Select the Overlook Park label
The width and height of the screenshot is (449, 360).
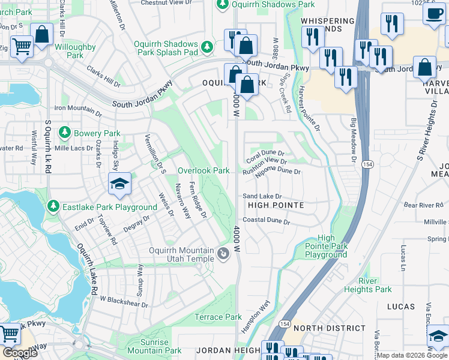click(x=203, y=171)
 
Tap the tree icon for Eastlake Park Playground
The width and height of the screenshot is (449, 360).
click(x=53, y=207)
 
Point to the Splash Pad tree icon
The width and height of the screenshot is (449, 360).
click(x=208, y=46)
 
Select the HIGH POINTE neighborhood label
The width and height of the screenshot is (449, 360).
click(x=276, y=206)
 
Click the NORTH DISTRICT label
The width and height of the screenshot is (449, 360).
click(x=330, y=328)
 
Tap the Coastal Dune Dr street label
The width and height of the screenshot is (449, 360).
click(x=266, y=221)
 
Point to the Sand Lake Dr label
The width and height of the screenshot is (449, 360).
click(x=262, y=196)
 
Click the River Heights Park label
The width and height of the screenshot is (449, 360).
click(x=367, y=285)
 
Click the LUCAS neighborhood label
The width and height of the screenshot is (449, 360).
click(x=401, y=307)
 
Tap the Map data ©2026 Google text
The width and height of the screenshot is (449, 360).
click(x=412, y=355)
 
